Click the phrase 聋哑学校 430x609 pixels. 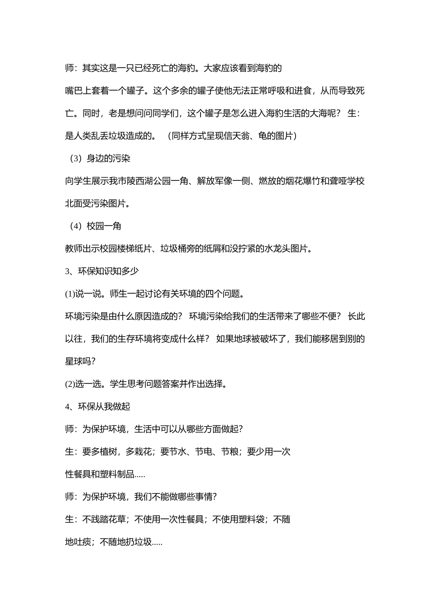tap(347, 181)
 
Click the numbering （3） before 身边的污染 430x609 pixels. tap(75, 159)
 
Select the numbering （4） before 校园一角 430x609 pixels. tap(75, 226)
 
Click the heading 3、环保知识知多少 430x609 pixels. tap(102, 271)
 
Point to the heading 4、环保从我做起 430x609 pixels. tap(98, 407)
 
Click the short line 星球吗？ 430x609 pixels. tap(81, 362)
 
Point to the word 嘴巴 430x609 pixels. tap(74, 91)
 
